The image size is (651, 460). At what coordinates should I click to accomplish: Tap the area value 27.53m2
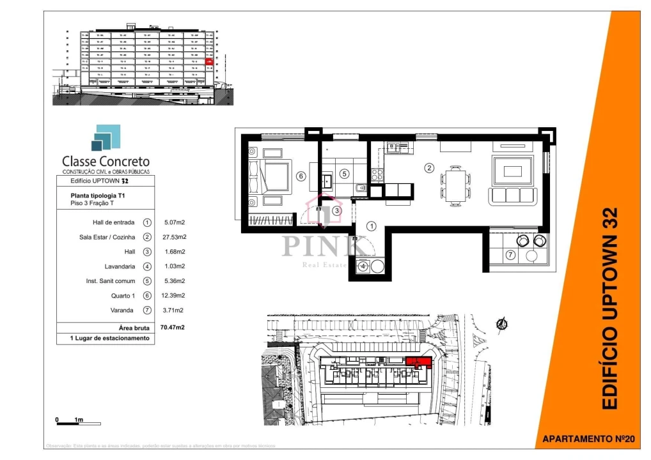tap(174, 237)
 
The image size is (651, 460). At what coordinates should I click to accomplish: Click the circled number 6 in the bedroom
tap(300, 177)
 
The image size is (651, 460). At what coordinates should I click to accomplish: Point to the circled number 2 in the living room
tap(430, 168)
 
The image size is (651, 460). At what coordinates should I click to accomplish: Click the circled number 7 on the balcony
tap(510, 256)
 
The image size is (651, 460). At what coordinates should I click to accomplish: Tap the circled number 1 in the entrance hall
tap(371, 226)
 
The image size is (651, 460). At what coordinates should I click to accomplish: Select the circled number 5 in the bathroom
tap(343, 173)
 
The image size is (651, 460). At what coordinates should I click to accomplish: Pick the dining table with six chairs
tap(455, 185)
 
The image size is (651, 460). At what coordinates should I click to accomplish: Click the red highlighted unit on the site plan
tap(419, 363)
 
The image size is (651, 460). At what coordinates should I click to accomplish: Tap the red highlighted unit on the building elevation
tap(208, 61)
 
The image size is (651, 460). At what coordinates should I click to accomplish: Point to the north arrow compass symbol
tap(503, 324)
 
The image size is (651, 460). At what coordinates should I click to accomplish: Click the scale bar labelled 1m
tap(77, 422)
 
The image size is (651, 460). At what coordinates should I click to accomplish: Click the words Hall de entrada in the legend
tap(113, 222)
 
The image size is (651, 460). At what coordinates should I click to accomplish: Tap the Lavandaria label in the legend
tap(118, 266)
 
